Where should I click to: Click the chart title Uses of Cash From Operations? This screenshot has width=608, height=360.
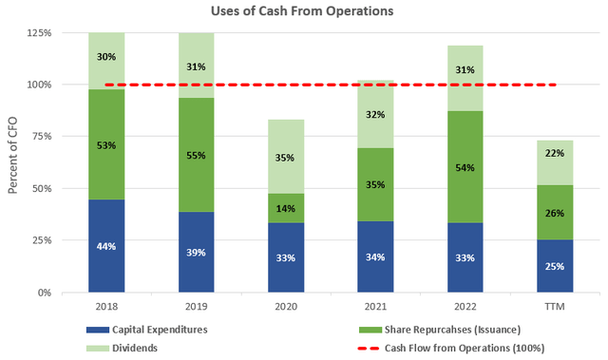click(303, 11)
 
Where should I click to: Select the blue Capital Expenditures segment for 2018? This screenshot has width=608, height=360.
click(106, 246)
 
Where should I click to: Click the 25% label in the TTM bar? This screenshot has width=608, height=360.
click(556, 266)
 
